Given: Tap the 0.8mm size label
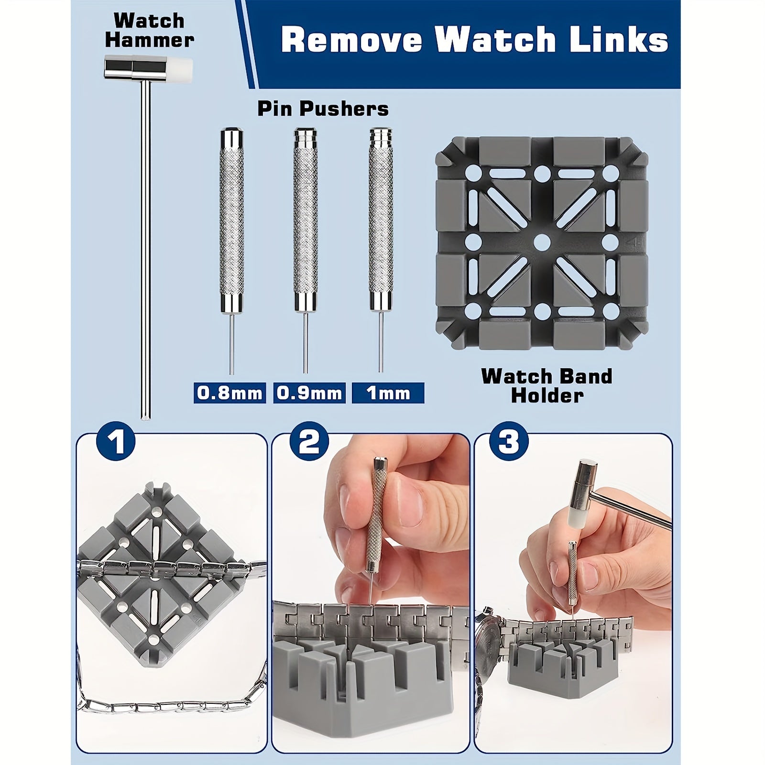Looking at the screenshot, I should click(x=229, y=393).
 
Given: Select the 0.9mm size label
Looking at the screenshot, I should click(x=309, y=393).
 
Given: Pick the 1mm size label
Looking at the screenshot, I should click(x=388, y=393).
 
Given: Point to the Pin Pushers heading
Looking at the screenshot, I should click(x=323, y=109).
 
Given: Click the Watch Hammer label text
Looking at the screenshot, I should click(x=149, y=30).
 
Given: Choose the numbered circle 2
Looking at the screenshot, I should click(x=310, y=441).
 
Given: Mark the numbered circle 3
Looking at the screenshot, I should click(x=509, y=441).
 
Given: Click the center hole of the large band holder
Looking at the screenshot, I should click(x=541, y=241).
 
